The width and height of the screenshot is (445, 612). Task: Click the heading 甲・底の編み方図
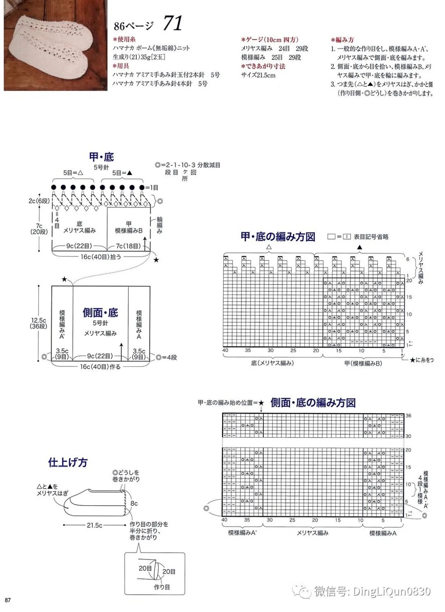[278, 237]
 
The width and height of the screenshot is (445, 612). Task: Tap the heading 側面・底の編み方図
[313, 403]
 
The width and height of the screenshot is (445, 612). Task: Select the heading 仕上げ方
[68, 463]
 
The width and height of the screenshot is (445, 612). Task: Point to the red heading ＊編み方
[343, 40]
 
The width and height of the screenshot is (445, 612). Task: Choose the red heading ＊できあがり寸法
[263, 66]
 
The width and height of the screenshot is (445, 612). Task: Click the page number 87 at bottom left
[8, 600]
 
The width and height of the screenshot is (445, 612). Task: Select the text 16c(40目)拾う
[101, 256]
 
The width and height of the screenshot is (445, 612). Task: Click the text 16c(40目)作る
[101, 366]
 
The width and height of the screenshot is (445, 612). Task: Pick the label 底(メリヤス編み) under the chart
[272, 363]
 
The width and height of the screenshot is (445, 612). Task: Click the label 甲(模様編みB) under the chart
[363, 363]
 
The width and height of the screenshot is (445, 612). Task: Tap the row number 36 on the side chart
[408, 415]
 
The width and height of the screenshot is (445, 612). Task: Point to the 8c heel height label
[134, 503]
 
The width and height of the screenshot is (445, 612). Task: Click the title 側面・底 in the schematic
[100, 312]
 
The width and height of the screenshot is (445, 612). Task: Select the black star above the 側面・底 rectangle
[64, 279]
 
